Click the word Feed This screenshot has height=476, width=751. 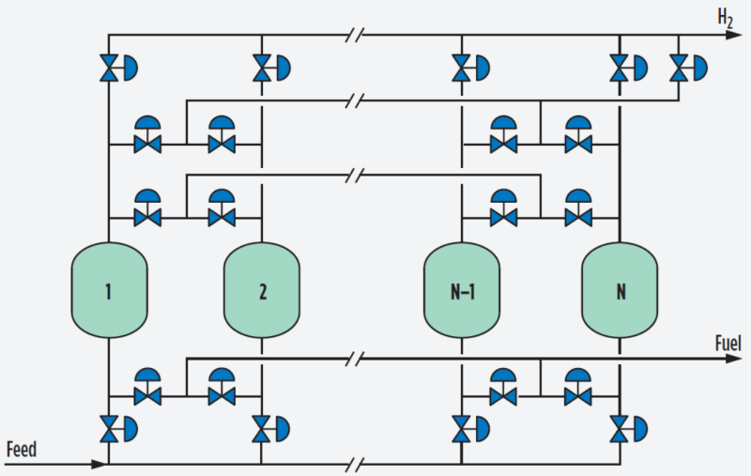click(21, 450)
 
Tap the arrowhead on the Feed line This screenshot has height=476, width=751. click(99, 464)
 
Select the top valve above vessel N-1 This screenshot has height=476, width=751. click(461, 69)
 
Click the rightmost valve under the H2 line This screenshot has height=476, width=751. click(679, 69)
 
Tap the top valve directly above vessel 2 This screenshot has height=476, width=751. click(262, 69)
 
